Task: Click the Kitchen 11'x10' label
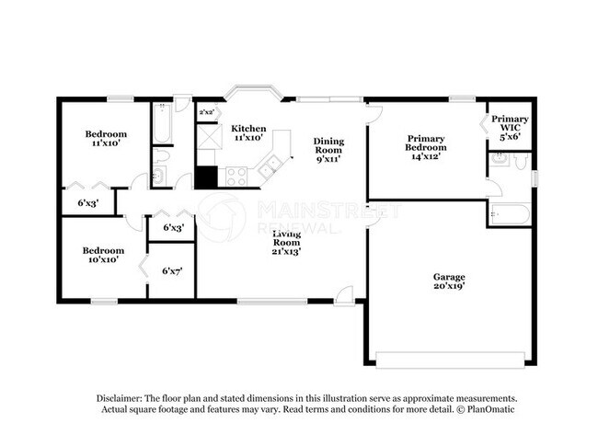[248, 132]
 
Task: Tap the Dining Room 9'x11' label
[328, 150]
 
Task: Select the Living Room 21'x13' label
[286, 242]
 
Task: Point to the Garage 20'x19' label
[450, 281]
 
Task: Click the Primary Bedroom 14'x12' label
[426, 147]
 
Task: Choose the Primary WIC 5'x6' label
[509, 127]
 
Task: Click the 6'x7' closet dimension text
[172, 271]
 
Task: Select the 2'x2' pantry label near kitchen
[207, 112]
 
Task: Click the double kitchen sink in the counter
[270, 166]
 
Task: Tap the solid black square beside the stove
[205, 177]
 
